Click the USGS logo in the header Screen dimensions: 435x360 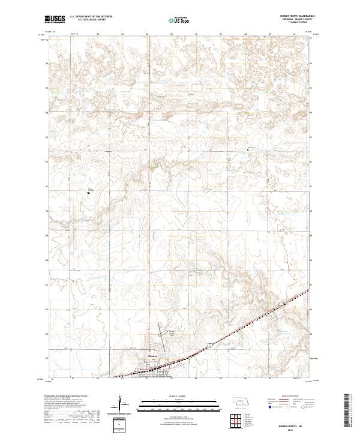(55, 19)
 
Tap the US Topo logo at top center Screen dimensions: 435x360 (179, 20)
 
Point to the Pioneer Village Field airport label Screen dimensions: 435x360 (172, 331)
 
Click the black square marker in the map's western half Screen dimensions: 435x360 (88, 193)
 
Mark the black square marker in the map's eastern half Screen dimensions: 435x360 (248, 149)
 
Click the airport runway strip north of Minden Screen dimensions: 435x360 (163, 332)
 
